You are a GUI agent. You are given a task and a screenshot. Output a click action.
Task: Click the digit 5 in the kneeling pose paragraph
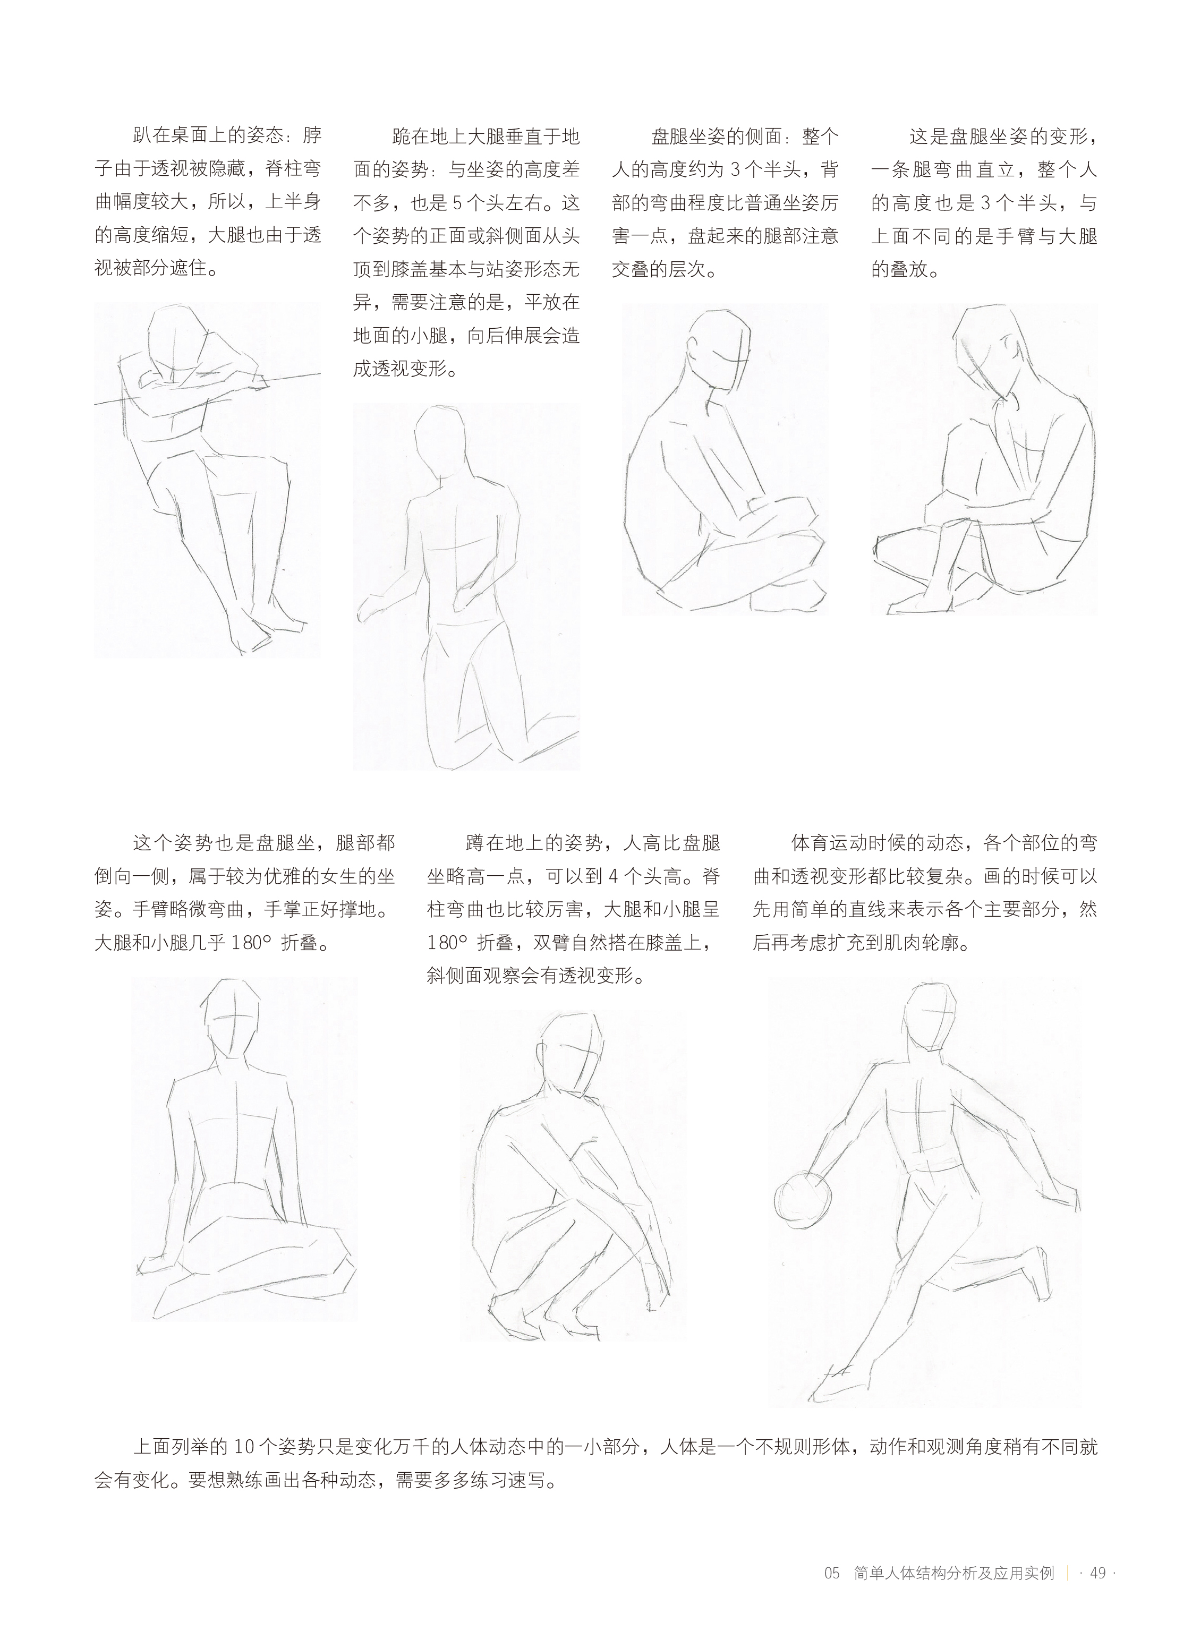pos(457,203)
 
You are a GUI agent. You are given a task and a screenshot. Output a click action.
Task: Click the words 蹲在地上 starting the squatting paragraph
pos(504,842)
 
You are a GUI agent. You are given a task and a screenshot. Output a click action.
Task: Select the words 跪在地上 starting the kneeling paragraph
pos(429,136)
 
